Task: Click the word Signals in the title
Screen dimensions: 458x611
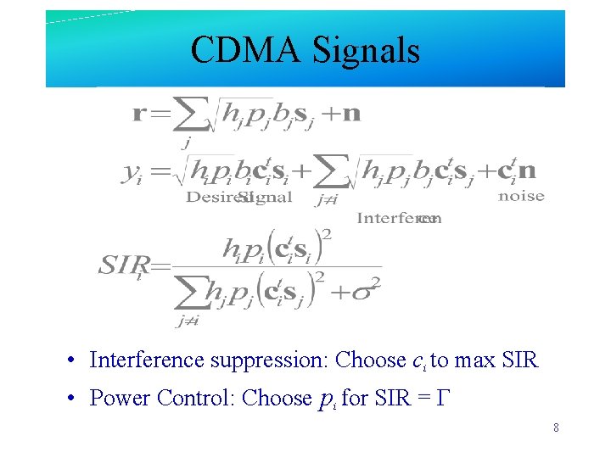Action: point(367,51)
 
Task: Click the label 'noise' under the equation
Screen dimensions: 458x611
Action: point(521,197)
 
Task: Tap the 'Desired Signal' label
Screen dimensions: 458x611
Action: point(238,198)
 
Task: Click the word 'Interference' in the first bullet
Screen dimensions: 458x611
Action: point(146,360)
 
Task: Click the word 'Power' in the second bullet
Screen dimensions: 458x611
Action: point(116,398)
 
